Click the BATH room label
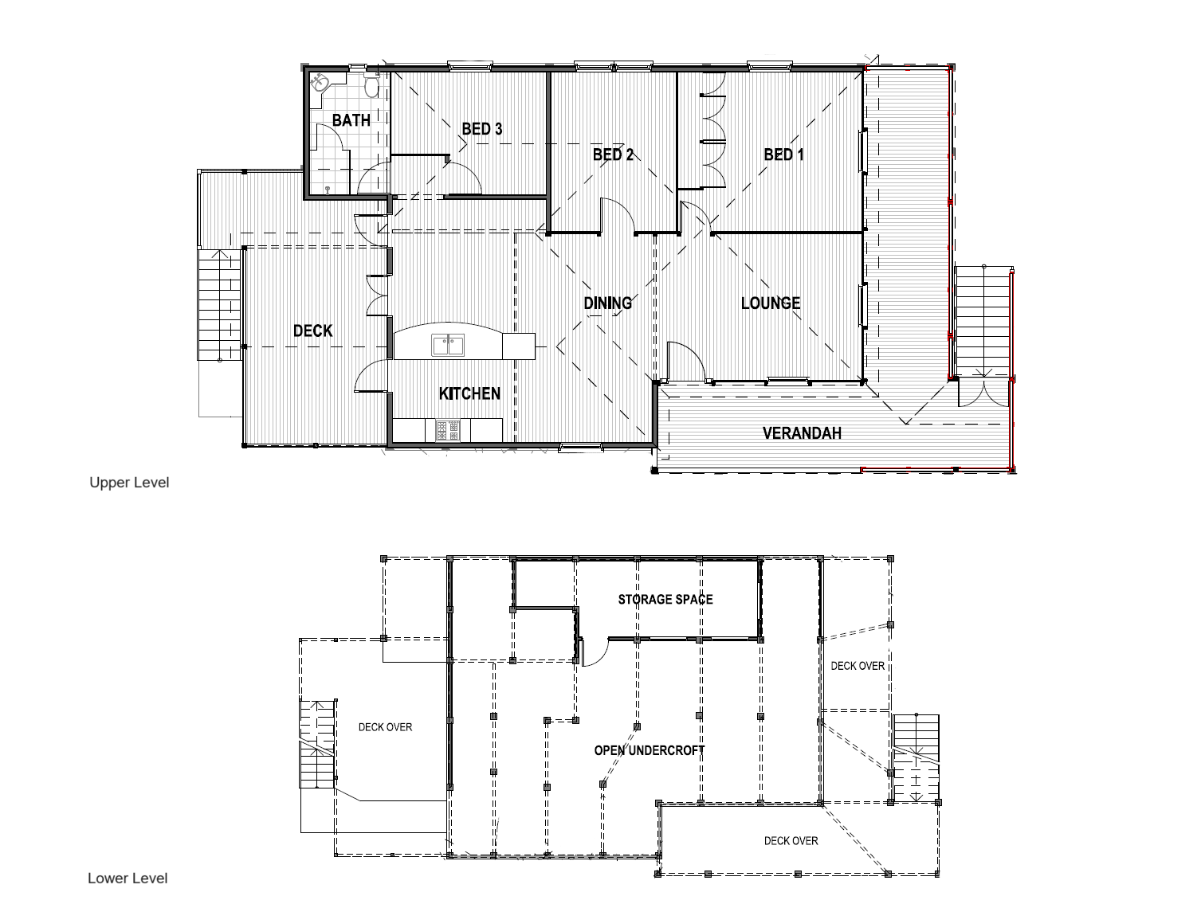[x=351, y=120]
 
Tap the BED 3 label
[x=481, y=129]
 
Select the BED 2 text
[x=613, y=155]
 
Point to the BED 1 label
[x=783, y=155]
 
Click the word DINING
[x=607, y=303]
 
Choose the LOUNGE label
[x=771, y=303]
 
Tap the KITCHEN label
[x=469, y=393]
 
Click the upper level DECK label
[x=313, y=331]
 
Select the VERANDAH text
[x=802, y=433]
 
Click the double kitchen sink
[x=448, y=345]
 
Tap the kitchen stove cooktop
[x=448, y=430]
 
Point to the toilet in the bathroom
[x=371, y=85]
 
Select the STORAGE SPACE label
[x=665, y=600]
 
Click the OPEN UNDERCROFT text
[x=649, y=751]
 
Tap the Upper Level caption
[x=129, y=483]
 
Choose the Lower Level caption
[x=128, y=878]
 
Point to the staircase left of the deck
[x=219, y=305]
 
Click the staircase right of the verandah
[x=983, y=322]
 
